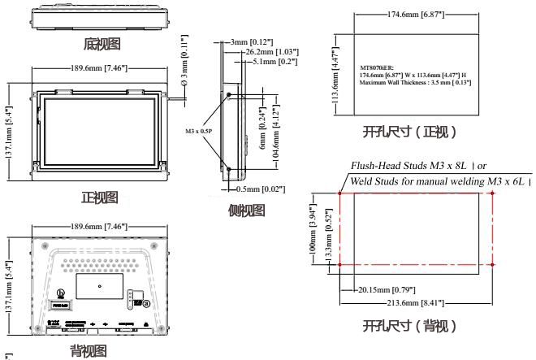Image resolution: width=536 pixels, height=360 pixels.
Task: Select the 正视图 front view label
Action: pyautogui.click(x=100, y=197)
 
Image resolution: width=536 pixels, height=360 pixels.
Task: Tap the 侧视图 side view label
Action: pyautogui.click(x=246, y=210)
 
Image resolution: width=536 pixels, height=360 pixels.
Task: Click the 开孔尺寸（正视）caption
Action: pyautogui.click(x=409, y=132)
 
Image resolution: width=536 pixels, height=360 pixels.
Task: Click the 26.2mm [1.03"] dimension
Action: pyautogui.click(x=271, y=51)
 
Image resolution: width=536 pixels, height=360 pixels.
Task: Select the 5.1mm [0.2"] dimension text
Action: pyautogui.click(x=274, y=60)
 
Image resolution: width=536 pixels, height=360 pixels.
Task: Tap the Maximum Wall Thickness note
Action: pyautogui.click(x=416, y=82)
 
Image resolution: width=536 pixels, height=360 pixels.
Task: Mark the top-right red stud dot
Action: pyautogui.click(x=494, y=194)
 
